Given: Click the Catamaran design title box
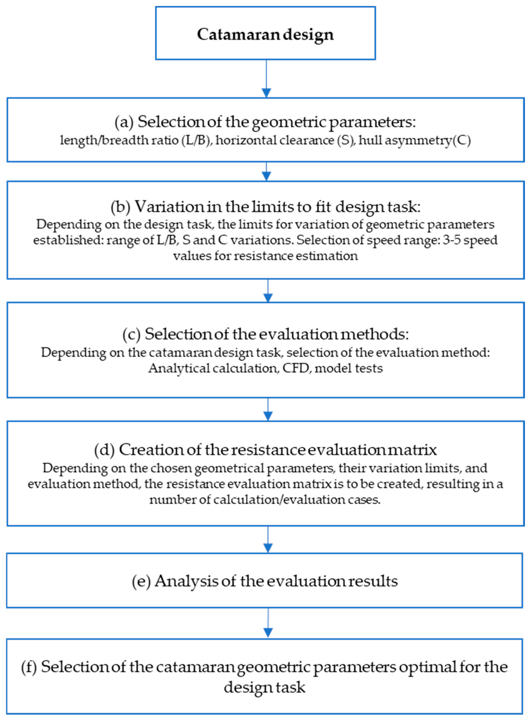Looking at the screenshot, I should click(x=265, y=33).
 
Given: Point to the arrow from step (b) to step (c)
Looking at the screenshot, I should click(x=268, y=291).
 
